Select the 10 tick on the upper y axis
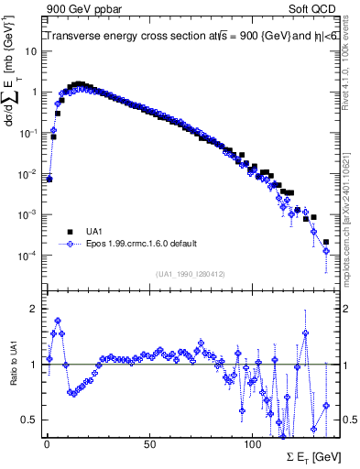tap(31, 51)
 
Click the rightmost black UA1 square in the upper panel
tap(326, 243)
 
